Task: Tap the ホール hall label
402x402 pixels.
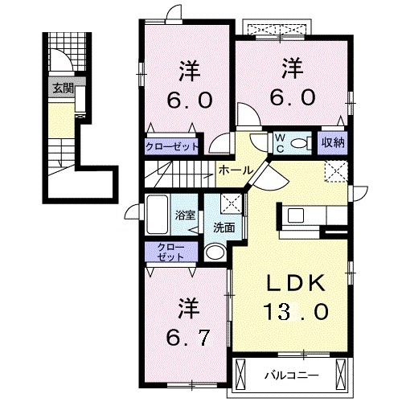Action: pyautogui.click(x=233, y=170)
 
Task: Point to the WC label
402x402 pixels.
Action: pyautogui.click(x=280, y=142)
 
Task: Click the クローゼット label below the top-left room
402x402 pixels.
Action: pyautogui.click(x=174, y=146)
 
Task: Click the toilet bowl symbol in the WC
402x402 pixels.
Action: pyautogui.click(x=301, y=143)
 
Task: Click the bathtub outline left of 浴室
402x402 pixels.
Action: pyautogui.click(x=158, y=215)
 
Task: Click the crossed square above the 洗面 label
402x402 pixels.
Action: pyautogui.click(x=230, y=203)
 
